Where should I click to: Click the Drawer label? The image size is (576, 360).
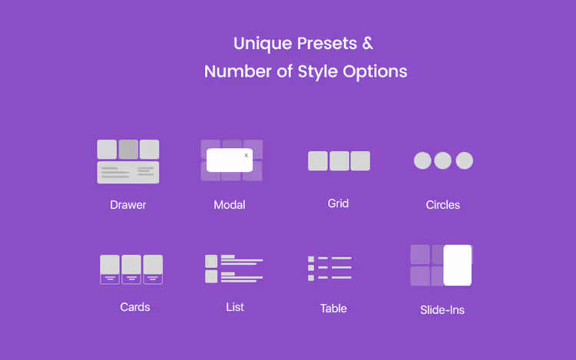[127, 205]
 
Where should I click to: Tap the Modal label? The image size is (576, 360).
[229, 205]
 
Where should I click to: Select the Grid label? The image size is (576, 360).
[338, 203]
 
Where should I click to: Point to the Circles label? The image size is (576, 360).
[442, 205]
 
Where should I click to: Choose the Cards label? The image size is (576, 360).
[135, 307]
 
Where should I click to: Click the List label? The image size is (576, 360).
[235, 307]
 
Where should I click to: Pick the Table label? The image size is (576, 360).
[333, 309]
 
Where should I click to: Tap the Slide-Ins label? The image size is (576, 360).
[442, 310]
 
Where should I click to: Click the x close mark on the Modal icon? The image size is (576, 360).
[246, 155]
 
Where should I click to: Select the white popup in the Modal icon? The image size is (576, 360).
[230, 160]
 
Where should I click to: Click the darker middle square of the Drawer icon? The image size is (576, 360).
[128, 149]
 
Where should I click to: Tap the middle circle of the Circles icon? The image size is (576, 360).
[442, 160]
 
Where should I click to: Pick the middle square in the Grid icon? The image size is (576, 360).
[339, 160]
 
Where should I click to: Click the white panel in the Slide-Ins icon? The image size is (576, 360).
[458, 265]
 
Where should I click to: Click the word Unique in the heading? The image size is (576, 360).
[263, 44]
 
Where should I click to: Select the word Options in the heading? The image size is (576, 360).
[375, 71]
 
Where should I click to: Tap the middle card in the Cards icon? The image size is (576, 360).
[131, 269]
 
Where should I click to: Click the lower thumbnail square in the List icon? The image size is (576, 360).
[211, 276]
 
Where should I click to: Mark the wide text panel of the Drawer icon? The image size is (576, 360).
[128, 172]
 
